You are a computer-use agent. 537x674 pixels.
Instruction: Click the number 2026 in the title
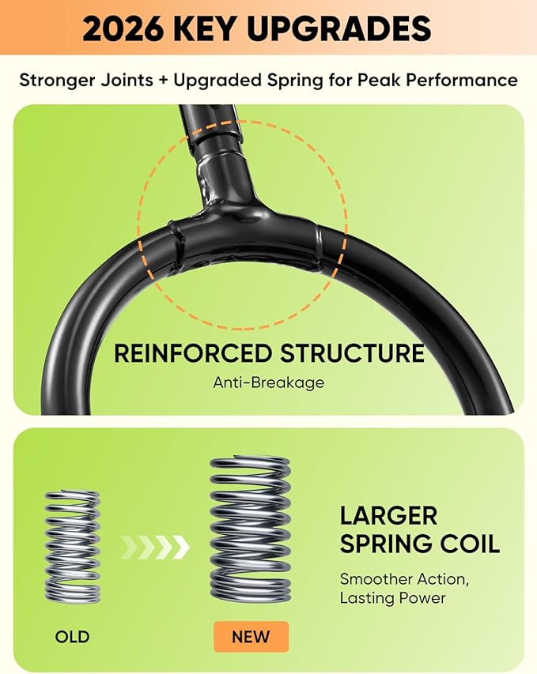point(123,28)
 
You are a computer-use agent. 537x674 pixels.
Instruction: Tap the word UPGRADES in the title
point(339,28)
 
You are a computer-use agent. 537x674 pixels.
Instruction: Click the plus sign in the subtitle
point(163,81)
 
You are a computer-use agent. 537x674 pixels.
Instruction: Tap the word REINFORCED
point(193,353)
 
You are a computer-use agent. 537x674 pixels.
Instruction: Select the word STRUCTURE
point(353,353)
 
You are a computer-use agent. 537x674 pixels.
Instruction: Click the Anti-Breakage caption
point(269,382)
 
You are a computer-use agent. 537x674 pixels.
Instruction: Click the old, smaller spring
point(72,546)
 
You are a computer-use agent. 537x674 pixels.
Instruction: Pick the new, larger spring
point(251,529)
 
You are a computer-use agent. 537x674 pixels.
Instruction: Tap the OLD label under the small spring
point(72,636)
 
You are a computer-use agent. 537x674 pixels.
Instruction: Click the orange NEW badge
point(251,636)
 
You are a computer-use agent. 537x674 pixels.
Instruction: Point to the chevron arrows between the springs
point(155,548)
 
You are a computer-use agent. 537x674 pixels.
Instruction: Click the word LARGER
point(388,515)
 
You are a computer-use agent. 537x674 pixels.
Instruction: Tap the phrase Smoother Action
point(404,579)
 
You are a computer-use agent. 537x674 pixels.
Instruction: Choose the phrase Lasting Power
point(392,598)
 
